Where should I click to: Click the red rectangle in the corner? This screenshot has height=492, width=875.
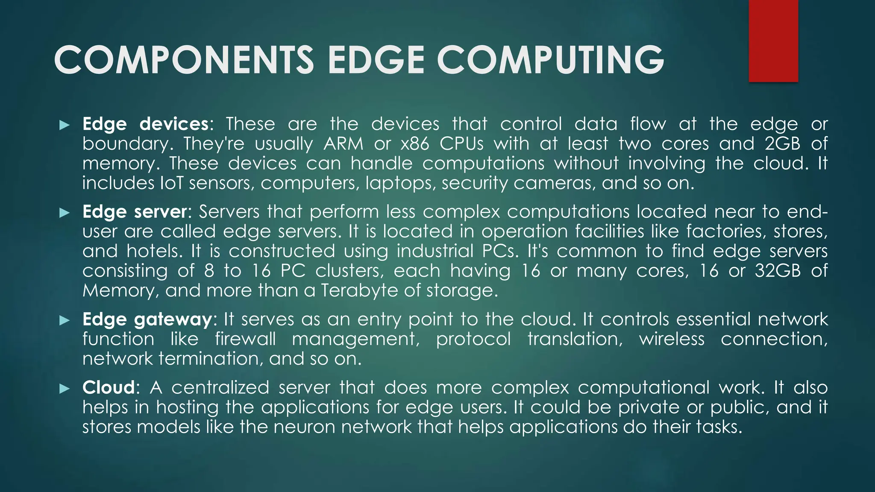[773, 41]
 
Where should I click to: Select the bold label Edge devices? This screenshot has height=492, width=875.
[145, 124]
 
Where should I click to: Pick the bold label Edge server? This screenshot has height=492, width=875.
[135, 212]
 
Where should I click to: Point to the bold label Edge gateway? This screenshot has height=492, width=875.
[147, 319]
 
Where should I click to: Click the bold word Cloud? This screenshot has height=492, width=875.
[109, 388]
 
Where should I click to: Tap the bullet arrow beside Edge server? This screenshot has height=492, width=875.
[65, 213]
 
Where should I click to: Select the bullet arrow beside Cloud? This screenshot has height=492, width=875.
[65, 389]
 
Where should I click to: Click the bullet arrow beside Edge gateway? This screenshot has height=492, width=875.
[65, 320]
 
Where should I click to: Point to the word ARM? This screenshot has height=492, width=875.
[343, 144]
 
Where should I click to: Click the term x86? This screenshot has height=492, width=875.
[415, 144]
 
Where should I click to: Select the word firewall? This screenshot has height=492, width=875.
[245, 339]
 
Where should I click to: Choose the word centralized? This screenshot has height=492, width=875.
[220, 388]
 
